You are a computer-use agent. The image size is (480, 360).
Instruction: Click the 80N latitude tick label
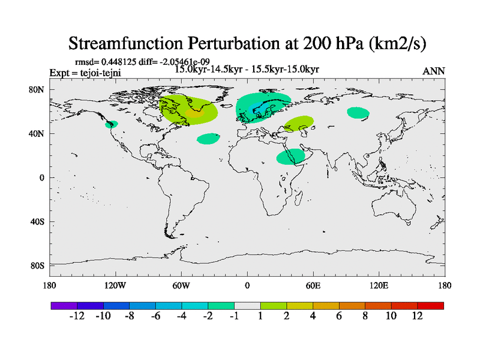pyautogui.click(x=37, y=89)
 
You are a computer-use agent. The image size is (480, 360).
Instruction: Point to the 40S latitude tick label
pyautogui.click(x=37, y=222)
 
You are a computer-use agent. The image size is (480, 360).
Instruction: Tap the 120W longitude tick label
pyautogui.click(x=115, y=286)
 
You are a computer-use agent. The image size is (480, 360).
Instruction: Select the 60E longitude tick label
pyautogui.click(x=313, y=286)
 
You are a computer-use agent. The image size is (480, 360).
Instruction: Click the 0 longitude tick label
pyautogui.click(x=247, y=286)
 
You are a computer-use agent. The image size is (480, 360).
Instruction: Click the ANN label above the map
pyautogui.click(x=433, y=71)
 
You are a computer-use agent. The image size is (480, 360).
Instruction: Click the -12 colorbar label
pyautogui.click(x=77, y=316)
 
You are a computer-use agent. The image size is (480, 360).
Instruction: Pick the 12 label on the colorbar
pyautogui.click(x=417, y=316)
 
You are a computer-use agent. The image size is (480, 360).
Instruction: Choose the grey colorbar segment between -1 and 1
pyautogui.click(x=247, y=305)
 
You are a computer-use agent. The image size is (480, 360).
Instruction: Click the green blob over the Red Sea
pyautogui.click(x=290, y=157)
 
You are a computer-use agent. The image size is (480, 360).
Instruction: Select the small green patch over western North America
pyautogui.click(x=111, y=124)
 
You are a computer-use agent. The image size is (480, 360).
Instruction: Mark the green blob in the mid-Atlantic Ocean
pyautogui.click(x=209, y=139)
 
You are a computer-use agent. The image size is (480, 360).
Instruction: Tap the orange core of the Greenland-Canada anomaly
pyautogui.click(x=194, y=113)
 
